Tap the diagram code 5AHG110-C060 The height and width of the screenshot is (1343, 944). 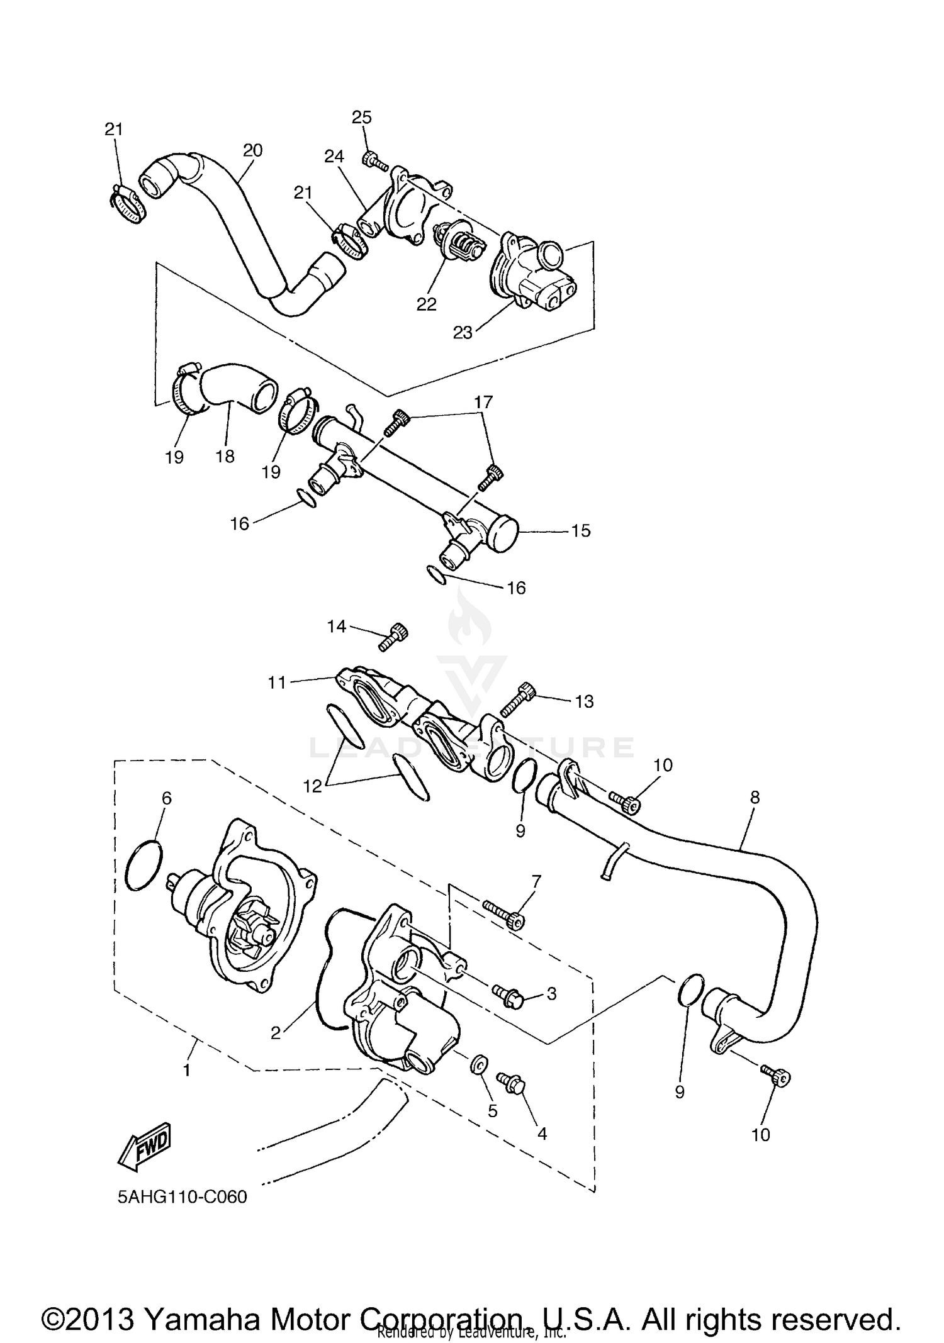click(183, 1196)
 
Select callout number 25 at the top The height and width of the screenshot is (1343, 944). click(362, 117)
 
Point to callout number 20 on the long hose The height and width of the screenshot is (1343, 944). click(252, 150)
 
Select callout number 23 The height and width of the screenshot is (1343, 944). click(463, 332)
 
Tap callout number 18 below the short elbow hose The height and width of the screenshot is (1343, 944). click(225, 456)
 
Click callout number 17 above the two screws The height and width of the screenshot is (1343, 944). click(483, 401)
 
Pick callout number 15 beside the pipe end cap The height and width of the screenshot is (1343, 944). click(581, 530)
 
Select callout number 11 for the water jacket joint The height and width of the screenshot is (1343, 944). click(278, 682)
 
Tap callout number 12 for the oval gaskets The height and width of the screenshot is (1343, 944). click(313, 786)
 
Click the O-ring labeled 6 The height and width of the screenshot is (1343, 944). click(144, 866)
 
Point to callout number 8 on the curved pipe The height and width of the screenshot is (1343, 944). click(755, 798)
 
